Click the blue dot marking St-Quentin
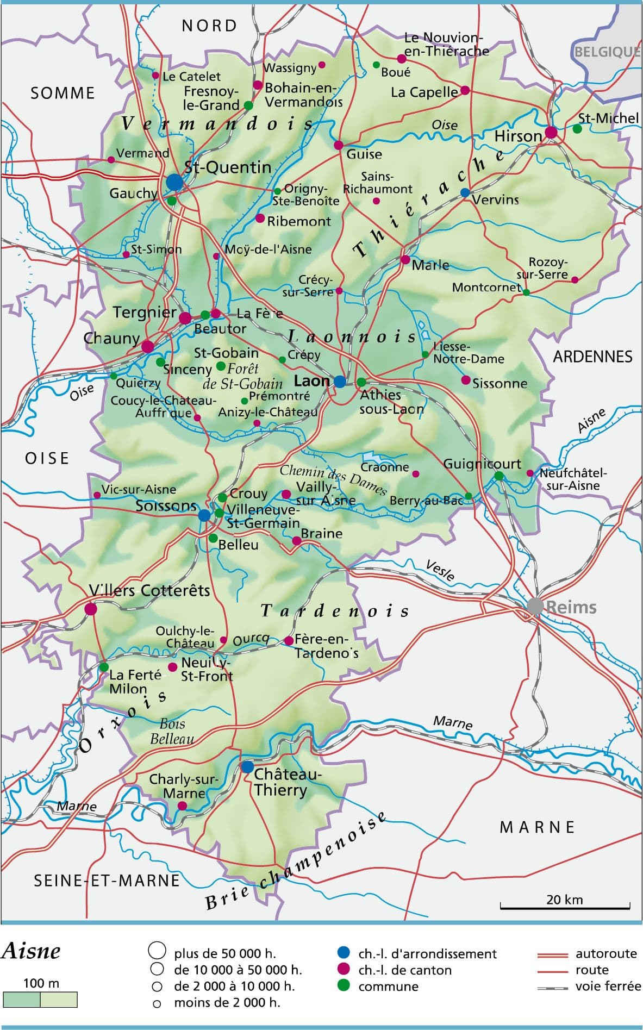174,182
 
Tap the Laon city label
311,380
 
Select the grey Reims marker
535,605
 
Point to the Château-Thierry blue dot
247,767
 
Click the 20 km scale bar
565,907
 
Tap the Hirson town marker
551,132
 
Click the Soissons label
166,506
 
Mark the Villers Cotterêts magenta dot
91,609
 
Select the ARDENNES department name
592,357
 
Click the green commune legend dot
343,985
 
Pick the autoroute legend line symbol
553,953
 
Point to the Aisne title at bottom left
31,951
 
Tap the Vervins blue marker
465,192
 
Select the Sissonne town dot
465,380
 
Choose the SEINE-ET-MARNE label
107,881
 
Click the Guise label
364,154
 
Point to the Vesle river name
440,571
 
